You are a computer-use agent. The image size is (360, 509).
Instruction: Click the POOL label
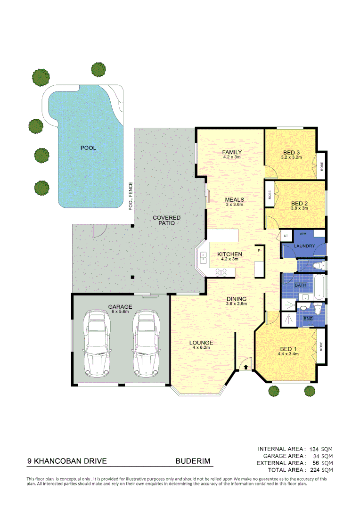[x=88, y=148]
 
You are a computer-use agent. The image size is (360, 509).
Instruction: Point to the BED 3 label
[x=291, y=152]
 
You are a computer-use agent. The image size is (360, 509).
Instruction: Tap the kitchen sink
[x=204, y=257]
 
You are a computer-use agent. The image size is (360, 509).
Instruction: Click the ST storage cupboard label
[x=286, y=235]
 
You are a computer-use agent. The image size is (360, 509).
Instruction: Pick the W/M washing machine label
[x=303, y=234]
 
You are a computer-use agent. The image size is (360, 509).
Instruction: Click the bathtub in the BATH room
[x=320, y=286]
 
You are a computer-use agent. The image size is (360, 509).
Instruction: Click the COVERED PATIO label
[x=166, y=220]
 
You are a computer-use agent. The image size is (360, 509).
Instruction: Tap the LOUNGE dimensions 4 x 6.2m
[x=202, y=347]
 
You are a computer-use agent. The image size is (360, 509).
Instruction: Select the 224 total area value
[x=314, y=470]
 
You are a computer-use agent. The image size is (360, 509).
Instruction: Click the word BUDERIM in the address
[x=193, y=461]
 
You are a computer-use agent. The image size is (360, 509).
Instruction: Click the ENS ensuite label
[x=308, y=319]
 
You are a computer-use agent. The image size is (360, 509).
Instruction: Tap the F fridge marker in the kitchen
[x=259, y=251]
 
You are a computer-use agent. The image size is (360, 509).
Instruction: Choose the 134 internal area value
[x=314, y=449]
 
